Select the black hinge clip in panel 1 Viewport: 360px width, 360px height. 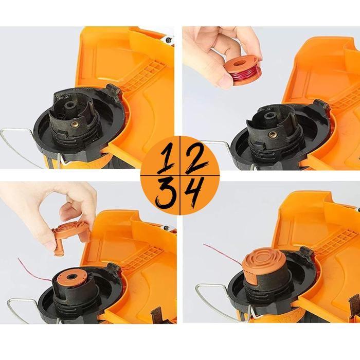click(x=114, y=92)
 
